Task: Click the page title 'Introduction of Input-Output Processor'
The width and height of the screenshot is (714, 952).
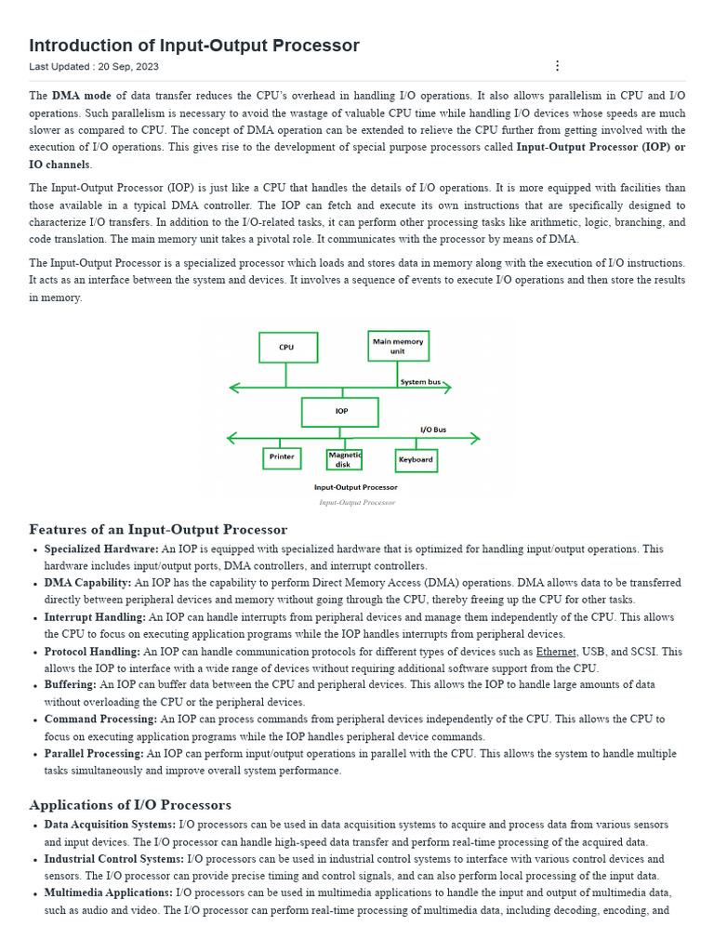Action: tap(194, 46)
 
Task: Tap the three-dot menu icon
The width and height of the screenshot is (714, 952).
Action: tap(557, 66)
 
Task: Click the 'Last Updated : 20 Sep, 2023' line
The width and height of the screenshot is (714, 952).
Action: tap(94, 67)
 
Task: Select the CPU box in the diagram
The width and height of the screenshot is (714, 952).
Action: tap(287, 348)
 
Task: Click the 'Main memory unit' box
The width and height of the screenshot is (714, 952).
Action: tap(398, 346)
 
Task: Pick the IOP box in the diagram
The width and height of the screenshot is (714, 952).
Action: tap(339, 412)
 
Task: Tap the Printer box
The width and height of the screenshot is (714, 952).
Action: tap(282, 457)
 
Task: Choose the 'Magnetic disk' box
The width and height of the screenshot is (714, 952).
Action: tap(344, 459)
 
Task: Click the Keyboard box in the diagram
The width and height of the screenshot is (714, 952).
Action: tap(416, 459)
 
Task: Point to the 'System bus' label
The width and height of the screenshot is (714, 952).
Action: tap(421, 382)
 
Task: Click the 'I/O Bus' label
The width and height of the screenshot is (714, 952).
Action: tap(433, 430)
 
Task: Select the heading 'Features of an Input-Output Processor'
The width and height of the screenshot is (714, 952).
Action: tap(158, 529)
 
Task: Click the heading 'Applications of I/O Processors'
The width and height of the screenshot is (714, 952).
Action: tap(130, 804)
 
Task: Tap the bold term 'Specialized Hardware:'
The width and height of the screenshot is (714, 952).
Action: tap(101, 549)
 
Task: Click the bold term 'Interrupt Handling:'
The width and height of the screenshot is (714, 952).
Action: tap(95, 617)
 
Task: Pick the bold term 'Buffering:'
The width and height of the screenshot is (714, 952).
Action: tap(70, 685)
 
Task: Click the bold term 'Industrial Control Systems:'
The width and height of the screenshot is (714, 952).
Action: tap(114, 859)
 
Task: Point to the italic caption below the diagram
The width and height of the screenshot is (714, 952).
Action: tap(357, 502)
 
